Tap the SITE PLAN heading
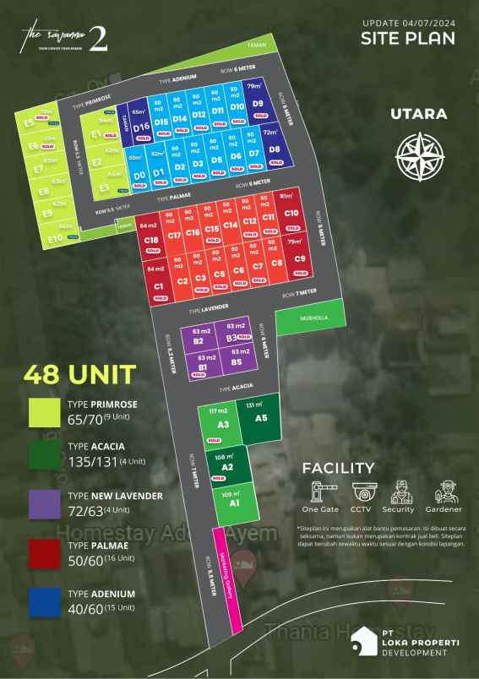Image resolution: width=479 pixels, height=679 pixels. pos(408,38)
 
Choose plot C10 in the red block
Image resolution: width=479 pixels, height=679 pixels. pos(291,215)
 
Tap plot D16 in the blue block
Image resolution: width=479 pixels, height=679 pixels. pos(140,128)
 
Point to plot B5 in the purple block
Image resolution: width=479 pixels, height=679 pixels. pos(237,362)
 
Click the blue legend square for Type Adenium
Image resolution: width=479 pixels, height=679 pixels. pos(43,600)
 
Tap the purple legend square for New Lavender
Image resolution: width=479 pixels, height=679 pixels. pos(43,503)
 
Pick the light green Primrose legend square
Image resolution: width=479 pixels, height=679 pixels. pos(43,411)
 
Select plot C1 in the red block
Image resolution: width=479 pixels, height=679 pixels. pos(159,285)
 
